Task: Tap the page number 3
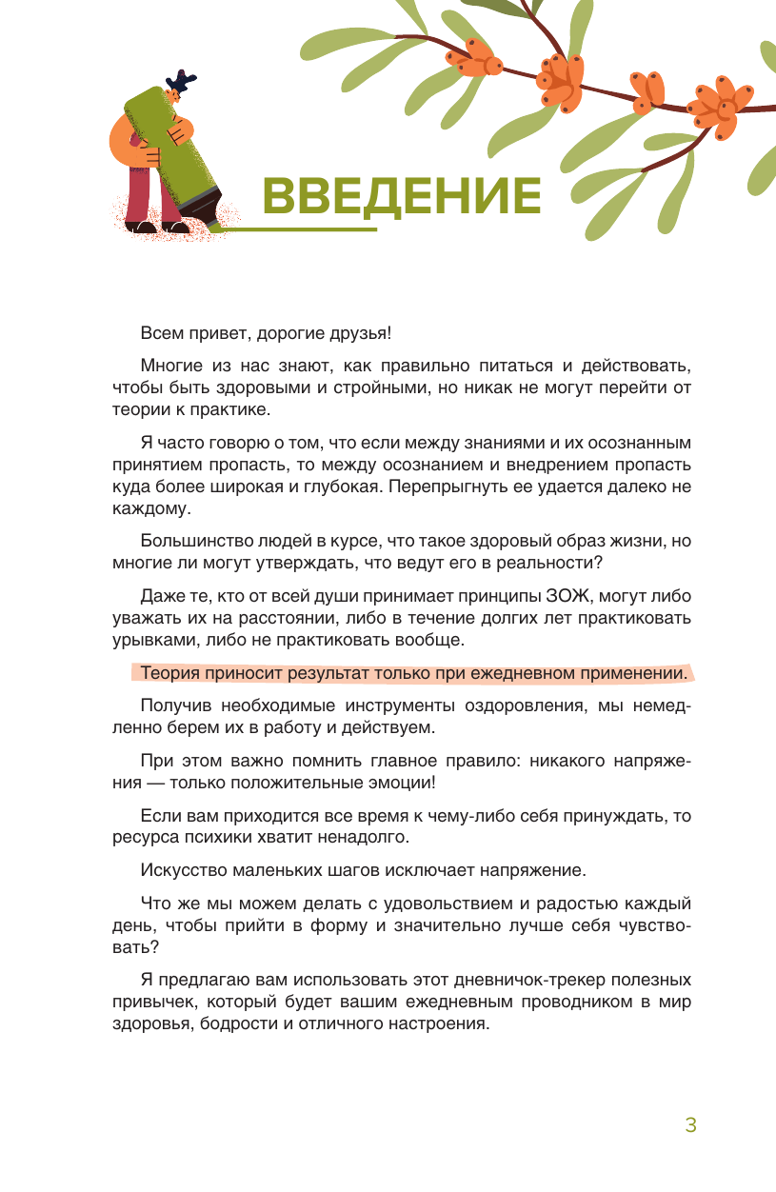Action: click(691, 1124)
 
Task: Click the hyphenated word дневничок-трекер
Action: click(470, 979)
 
